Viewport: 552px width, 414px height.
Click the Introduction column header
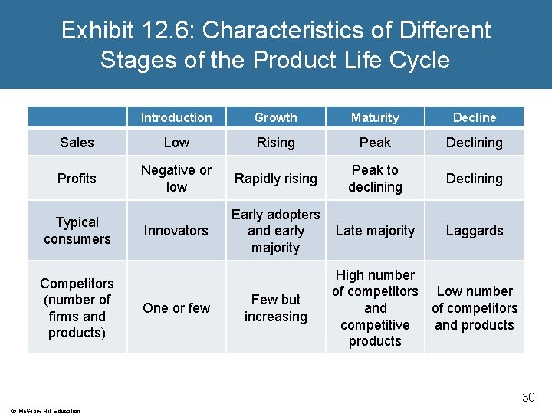(x=176, y=117)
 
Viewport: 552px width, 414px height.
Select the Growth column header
(x=275, y=117)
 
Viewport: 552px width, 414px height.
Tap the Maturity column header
(x=375, y=117)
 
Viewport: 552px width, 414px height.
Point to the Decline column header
(x=475, y=117)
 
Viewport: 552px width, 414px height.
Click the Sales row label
(x=77, y=143)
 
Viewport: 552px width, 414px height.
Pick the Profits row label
(x=77, y=179)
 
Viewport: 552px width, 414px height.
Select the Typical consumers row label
(x=77, y=231)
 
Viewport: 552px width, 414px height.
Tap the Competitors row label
(x=77, y=308)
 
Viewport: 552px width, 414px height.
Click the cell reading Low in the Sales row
(x=176, y=143)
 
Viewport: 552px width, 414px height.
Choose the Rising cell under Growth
(x=275, y=143)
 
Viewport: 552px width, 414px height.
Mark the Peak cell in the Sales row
(x=375, y=143)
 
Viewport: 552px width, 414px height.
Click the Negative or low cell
(x=176, y=179)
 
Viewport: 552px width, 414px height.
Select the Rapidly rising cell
(x=275, y=179)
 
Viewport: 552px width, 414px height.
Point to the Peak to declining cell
(x=375, y=179)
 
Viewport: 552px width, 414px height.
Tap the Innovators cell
(x=176, y=231)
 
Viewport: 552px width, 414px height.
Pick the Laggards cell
(x=475, y=231)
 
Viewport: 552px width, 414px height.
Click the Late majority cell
(x=375, y=231)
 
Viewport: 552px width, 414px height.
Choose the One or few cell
(x=176, y=308)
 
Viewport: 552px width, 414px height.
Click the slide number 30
(x=528, y=397)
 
